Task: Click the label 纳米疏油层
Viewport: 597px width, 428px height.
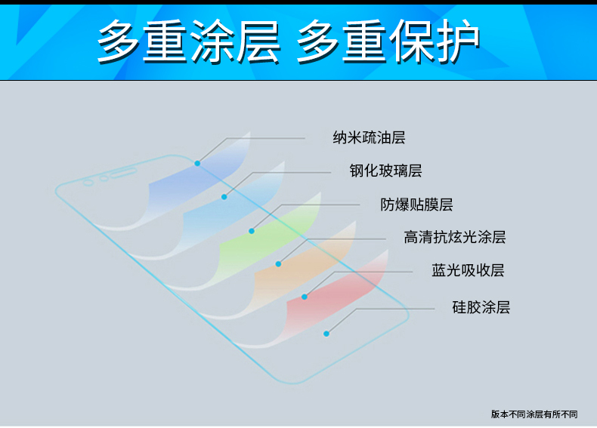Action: [x=369, y=137]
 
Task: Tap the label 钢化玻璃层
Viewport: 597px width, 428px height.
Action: [x=385, y=171]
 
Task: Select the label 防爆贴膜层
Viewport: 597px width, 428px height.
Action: [x=416, y=205]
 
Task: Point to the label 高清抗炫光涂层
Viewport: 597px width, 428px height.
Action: [x=455, y=237]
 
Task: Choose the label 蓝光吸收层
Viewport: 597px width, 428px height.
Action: [x=468, y=270]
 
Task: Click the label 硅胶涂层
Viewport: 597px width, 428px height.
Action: [x=481, y=307]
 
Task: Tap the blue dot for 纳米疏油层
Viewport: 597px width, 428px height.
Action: [x=197, y=163]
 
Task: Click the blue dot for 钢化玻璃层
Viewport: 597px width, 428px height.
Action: [x=224, y=197]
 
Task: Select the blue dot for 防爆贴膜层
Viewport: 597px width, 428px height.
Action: [x=252, y=231]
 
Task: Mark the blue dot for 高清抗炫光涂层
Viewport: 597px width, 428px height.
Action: [x=278, y=263]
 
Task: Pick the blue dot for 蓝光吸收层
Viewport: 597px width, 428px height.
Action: [x=305, y=297]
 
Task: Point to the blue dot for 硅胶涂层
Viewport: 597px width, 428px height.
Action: [x=326, y=334]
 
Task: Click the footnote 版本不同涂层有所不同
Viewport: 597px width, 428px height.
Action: [x=534, y=414]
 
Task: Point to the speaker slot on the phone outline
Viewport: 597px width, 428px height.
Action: [x=124, y=173]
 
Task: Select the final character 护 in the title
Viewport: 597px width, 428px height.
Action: [x=457, y=41]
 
